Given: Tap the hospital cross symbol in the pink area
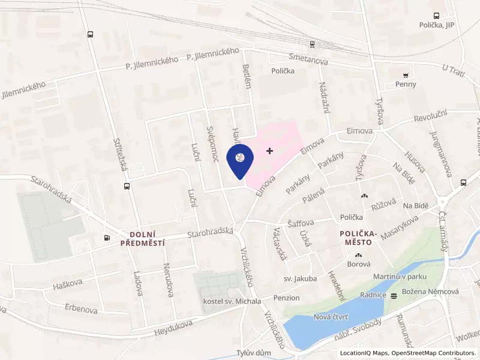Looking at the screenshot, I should (269, 151).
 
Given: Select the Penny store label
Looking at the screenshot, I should (406, 85).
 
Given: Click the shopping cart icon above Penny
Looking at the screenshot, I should (406, 75).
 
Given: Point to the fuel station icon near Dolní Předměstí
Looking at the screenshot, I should (107, 238).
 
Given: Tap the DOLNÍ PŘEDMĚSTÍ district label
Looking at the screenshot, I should (142, 239).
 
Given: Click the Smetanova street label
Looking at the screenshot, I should (307, 58).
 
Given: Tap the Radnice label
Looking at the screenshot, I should (373, 295).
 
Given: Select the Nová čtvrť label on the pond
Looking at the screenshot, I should (332, 316).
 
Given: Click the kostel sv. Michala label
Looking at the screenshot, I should (232, 301).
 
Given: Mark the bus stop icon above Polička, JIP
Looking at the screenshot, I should (436, 16).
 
